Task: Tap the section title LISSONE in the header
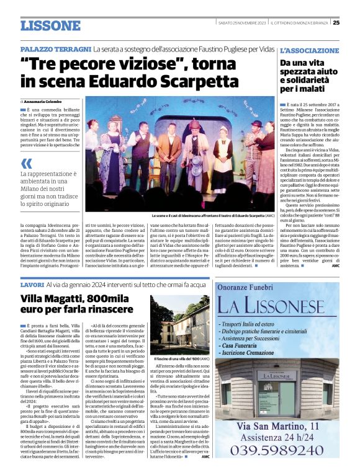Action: point(50,25)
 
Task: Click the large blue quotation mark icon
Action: point(27,164)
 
